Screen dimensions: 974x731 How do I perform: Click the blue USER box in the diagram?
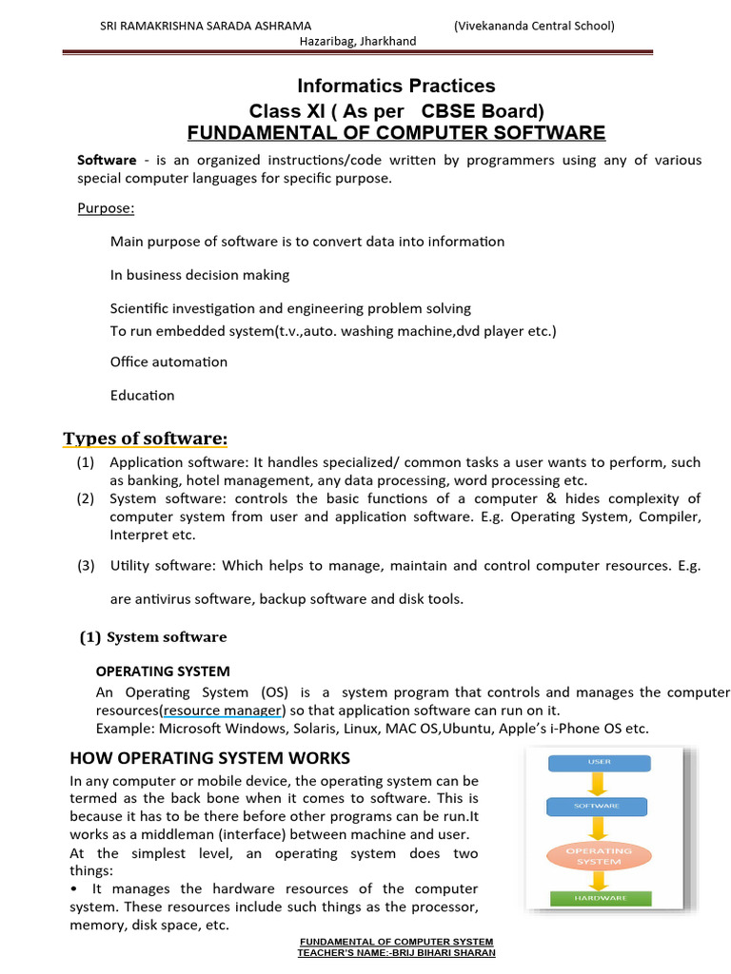599,762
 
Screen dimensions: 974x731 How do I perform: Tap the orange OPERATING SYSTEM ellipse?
599,855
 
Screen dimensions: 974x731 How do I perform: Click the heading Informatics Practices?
397,87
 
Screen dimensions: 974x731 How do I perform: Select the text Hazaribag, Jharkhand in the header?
358,42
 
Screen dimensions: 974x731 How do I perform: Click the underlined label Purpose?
106,208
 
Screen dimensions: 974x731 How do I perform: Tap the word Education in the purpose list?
142,395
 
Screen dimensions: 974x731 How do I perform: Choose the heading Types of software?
146,438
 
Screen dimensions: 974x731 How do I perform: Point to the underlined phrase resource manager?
223,711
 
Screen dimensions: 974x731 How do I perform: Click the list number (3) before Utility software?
87,566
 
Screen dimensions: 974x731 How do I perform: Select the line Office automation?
168,361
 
